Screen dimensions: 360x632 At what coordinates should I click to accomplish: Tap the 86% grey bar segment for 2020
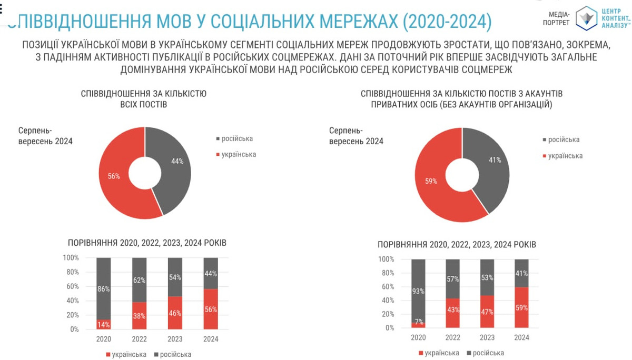click(103, 288)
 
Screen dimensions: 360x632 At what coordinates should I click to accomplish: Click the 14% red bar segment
click(103, 324)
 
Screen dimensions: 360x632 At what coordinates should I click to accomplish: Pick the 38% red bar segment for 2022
click(139, 316)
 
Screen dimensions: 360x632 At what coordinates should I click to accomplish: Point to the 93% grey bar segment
click(418, 291)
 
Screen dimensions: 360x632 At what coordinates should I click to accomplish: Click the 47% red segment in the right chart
click(487, 311)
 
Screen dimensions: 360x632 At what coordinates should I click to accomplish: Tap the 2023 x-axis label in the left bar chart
click(175, 339)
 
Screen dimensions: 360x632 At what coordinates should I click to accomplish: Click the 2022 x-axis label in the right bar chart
click(452, 337)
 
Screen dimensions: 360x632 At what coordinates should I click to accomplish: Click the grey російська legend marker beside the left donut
click(218, 139)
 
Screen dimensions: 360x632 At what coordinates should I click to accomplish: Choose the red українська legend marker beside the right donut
click(544, 156)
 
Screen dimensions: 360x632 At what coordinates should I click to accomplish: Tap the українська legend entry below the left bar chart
click(126, 354)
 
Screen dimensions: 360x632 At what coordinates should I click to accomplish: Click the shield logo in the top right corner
click(586, 17)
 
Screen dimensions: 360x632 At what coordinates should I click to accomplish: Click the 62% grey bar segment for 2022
click(139, 280)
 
